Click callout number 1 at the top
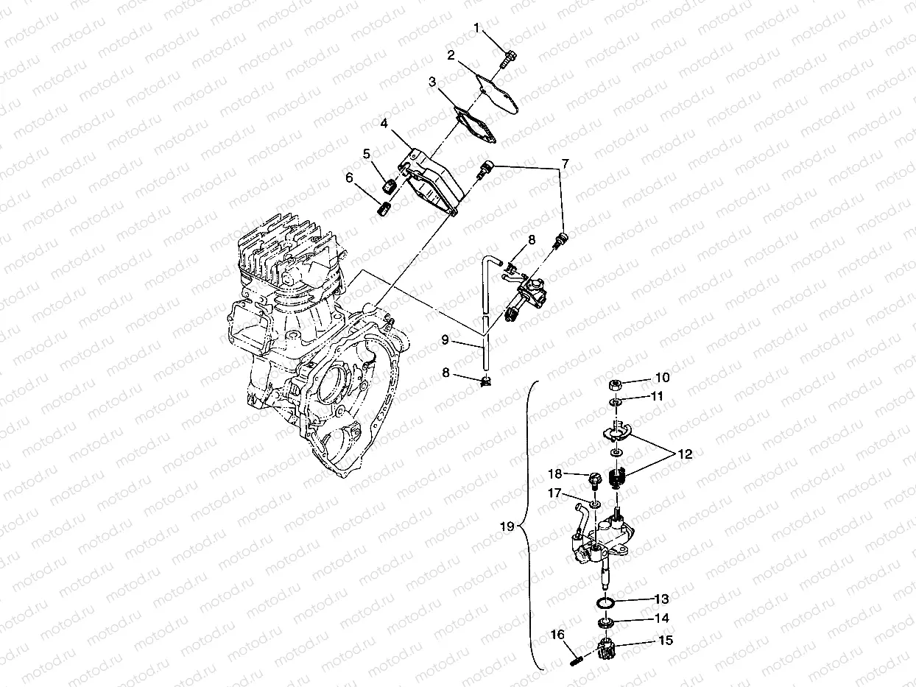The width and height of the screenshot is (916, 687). pyautogui.click(x=476, y=29)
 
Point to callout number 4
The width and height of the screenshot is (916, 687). pyautogui.click(x=384, y=123)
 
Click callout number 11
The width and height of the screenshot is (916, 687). pyautogui.click(x=657, y=396)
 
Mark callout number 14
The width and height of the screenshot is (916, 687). pyautogui.click(x=662, y=619)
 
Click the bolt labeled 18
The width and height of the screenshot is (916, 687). pyautogui.click(x=593, y=479)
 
